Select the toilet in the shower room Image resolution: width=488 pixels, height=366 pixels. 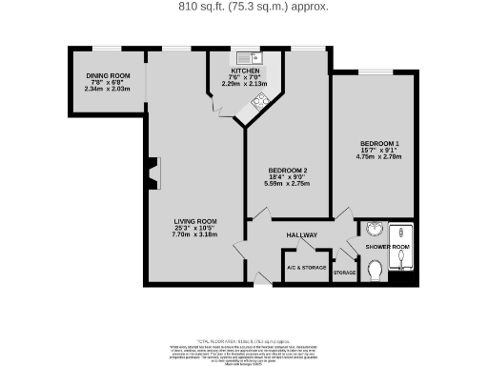pos(376,273)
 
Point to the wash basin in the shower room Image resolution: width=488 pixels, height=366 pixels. pos(374,229)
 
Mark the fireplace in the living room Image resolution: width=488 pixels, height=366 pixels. pos(152,173)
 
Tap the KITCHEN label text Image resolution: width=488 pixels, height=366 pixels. pos(244,70)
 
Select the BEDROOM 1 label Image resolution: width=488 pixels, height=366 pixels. pos(379,143)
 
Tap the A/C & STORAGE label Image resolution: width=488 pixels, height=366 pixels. pos(306,269)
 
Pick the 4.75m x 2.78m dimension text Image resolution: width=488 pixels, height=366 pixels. pos(379,156)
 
